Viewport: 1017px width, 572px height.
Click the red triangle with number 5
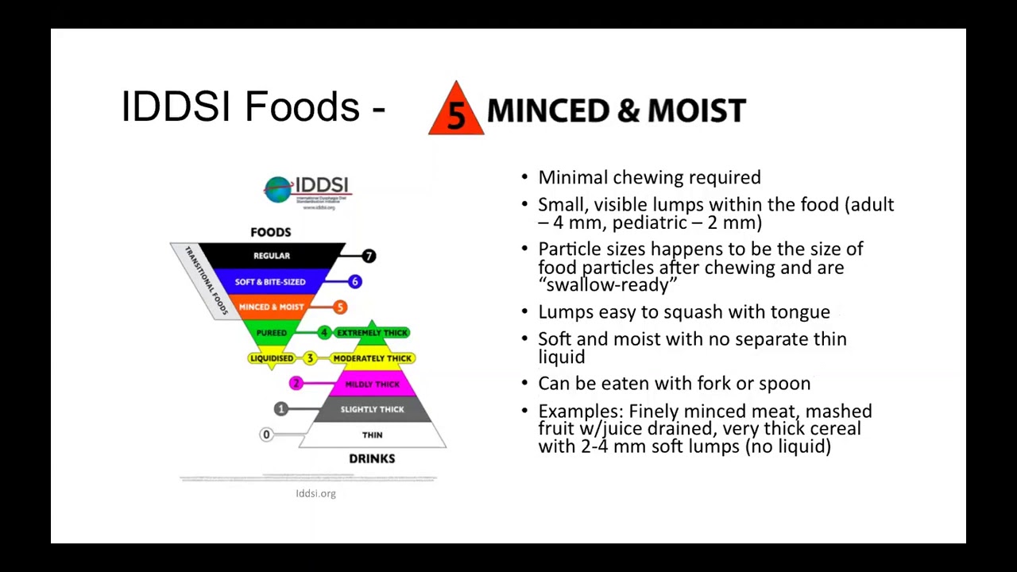pyautogui.click(x=456, y=111)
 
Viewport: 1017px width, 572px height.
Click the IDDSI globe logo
pyautogui.click(x=278, y=189)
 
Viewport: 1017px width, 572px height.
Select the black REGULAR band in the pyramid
pyautogui.click(x=272, y=256)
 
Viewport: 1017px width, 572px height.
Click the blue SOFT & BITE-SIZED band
pyautogui.click(x=271, y=282)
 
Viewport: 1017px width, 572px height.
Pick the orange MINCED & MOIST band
pyautogui.click(x=271, y=307)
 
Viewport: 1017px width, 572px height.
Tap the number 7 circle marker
pyautogui.click(x=369, y=256)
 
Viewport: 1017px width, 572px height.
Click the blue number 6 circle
pyautogui.click(x=354, y=281)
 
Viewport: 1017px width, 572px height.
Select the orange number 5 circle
pyautogui.click(x=340, y=307)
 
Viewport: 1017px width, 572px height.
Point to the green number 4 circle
pyautogui.click(x=323, y=333)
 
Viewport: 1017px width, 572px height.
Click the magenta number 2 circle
pyautogui.click(x=296, y=384)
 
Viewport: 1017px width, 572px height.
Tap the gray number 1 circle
pyautogui.click(x=280, y=408)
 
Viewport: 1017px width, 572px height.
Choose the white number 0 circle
pyautogui.click(x=266, y=435)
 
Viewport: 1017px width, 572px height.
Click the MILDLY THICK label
pyautogui.click(x=372, y=385)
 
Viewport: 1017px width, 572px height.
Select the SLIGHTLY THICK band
pyautogui.click(x=372, y=409)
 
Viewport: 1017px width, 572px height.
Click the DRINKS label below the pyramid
pyautogui.click(x=372, y=458)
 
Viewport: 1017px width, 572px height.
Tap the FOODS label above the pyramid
pyautogui.click(x=271, y=232)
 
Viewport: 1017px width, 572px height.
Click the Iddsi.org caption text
pyautogui.click(x=315, y=493)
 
